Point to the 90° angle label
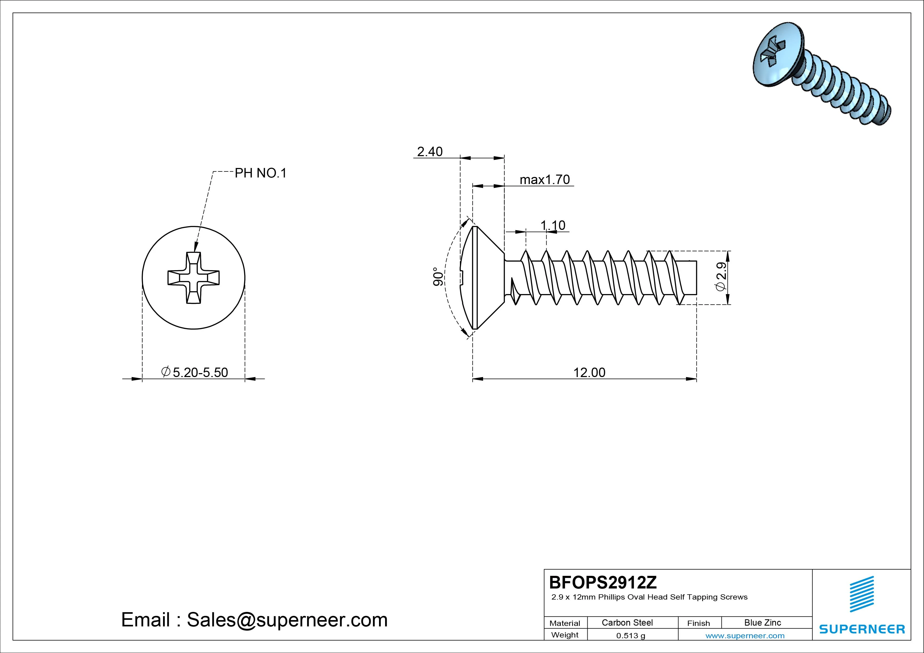tap(438, 277)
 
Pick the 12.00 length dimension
tap(589, 373)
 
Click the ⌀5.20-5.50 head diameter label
tap(194, 372)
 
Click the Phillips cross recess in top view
tap(194, 278)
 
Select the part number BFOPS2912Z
tap(602, 582)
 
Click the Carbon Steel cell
tap(627, 622)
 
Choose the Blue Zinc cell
tap(762, 622)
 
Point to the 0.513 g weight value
tap(630, 636)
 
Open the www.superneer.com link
tap(745, 636)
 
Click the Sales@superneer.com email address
tap(287, 620)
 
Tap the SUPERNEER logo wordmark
tap(862, 629)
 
